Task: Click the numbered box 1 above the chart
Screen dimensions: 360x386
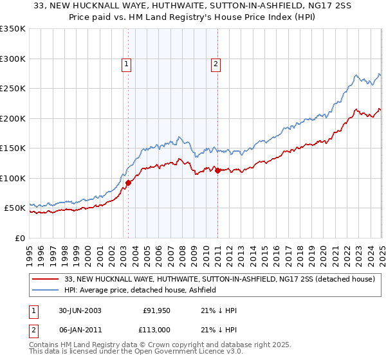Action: click(x=126, y=64)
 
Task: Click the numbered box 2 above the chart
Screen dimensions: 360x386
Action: click(x=216, y=64)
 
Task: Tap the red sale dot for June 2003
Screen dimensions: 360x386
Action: click(x=128, y=183)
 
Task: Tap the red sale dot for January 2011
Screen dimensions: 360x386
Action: click(x=217, y=170)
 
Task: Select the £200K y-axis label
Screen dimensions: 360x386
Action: click(x=13, y=118)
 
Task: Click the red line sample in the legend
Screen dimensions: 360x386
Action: click(x=46, y=280)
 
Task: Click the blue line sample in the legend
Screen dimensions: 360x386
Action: click(x=46, y=291)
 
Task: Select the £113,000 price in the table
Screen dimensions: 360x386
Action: click(x=157, y=329)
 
